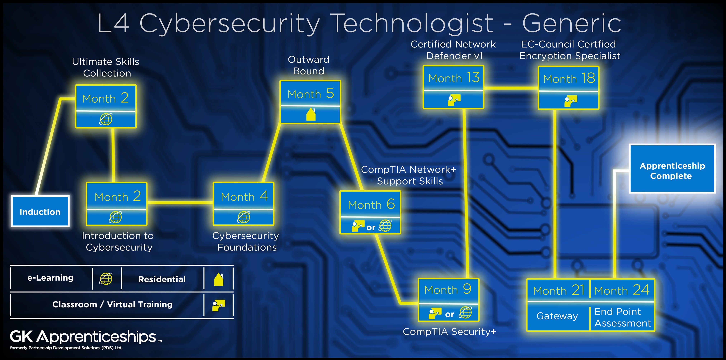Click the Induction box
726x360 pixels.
[40, 212]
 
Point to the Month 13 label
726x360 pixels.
[454, 78]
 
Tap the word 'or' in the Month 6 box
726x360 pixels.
[371, 227]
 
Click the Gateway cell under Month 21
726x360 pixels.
[557, 316]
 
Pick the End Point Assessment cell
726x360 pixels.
[622, 317]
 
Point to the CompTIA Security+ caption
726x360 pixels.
[449, 332]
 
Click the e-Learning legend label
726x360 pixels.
[50, 278]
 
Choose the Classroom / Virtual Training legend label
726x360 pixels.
[112, 304]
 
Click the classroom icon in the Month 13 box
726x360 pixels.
[454, 100]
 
